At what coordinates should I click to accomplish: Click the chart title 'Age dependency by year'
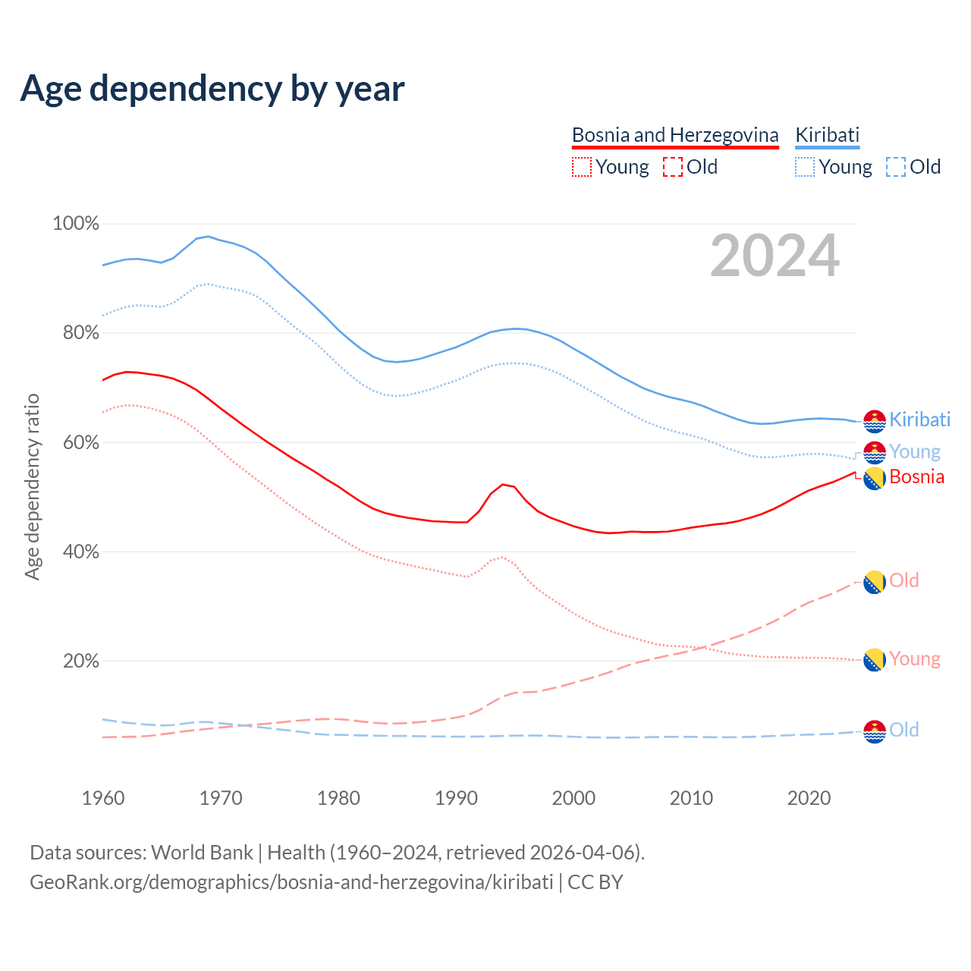[212, 89]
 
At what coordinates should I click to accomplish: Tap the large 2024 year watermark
[775, 256]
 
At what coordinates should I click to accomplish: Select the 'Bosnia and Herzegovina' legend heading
[675, 135]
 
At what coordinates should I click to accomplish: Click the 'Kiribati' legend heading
[827, 135]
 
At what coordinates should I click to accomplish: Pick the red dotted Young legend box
[581, 167]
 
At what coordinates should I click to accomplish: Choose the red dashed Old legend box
[672, 167]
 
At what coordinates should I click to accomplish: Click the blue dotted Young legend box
[804, 167]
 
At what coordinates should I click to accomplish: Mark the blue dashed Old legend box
[895, 167]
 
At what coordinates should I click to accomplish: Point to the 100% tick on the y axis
[76, 224]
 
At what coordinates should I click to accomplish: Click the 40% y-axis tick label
[80, 552]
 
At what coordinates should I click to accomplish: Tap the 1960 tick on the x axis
[103, 798]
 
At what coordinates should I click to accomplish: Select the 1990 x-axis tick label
[456, 798]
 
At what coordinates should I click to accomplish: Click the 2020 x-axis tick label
[809, 798]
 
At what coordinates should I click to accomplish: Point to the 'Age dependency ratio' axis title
[32, 486]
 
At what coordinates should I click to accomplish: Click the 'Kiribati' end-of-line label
[919, 420]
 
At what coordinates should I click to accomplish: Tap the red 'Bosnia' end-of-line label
[916, 477]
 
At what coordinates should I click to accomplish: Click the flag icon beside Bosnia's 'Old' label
[875, 582]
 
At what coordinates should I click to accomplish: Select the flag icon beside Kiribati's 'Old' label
[875, 731]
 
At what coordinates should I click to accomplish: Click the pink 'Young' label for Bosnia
[914, 659]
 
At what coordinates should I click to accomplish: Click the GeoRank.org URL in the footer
[291, 882]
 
